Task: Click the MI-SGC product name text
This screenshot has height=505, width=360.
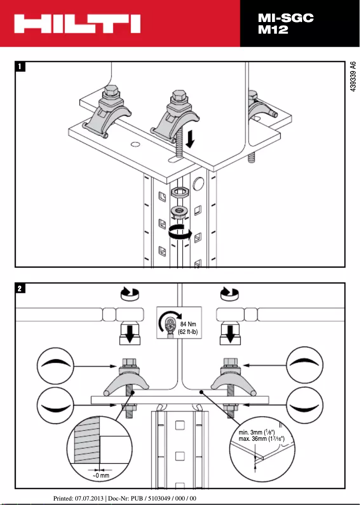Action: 285,18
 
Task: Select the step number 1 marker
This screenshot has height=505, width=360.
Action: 21,67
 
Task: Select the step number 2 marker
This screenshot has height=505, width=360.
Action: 21,288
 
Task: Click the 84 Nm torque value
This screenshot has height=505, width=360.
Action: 188,325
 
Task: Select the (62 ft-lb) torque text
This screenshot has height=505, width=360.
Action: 188,332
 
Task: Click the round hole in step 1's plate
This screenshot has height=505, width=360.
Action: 134,144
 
